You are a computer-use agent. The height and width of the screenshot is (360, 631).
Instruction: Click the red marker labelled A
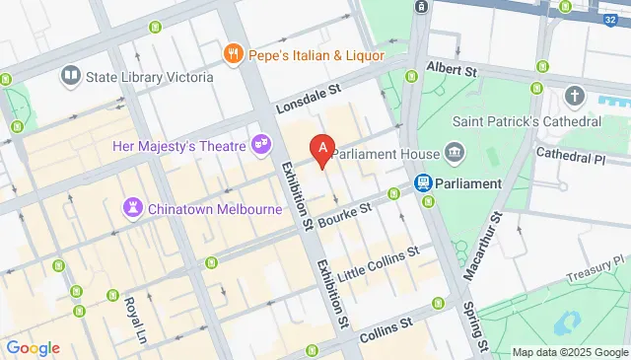click(x=321, y=150)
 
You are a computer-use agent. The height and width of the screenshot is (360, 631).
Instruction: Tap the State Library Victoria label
click(x=150, y=75)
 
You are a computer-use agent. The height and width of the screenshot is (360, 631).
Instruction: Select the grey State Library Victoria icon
click(x=70, y=75)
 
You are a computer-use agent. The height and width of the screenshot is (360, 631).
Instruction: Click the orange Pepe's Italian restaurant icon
click(x=234, y=54)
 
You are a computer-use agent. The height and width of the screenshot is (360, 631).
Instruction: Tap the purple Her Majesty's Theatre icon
click(x=261, y=145)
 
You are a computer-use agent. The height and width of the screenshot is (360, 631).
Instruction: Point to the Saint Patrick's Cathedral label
click(x=526, y=121)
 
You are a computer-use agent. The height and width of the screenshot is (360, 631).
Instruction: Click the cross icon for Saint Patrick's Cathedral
click(x=577, y=97)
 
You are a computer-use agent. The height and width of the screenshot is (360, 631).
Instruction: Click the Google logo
click(x=33, y=347)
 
